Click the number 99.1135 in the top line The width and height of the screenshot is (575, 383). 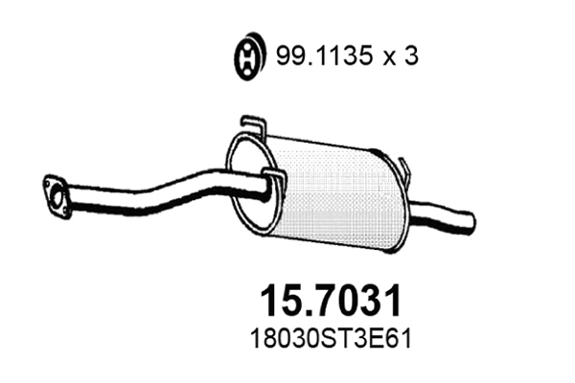pos(315,57)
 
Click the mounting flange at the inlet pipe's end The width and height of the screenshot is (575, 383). pos(56,196)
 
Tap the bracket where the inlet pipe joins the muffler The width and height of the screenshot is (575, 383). pos(272,182)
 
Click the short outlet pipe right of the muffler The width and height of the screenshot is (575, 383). pos(441,213)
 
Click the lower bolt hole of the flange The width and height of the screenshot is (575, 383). pos(61,214)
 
